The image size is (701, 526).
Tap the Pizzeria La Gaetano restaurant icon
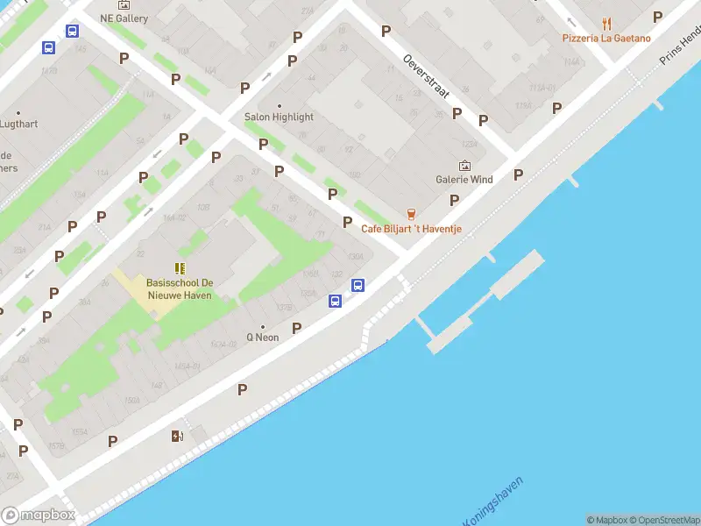coord(606,24)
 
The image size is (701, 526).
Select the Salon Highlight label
coord(279,117)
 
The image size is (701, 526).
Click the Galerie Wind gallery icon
coord(464,165)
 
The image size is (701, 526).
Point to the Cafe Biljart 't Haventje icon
coord(410,214)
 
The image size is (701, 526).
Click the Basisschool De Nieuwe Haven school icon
coord(180,269)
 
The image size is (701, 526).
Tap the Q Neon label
coord(262,337)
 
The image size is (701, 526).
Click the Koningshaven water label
coord(493,503)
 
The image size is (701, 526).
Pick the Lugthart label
coord(18,124)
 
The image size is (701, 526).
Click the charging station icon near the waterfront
coord(177,436)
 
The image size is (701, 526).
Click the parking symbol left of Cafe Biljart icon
coord(348,223)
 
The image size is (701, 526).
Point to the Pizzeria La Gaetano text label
coord(606,39)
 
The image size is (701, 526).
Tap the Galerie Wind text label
coord(464,180)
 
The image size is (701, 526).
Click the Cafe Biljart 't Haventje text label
coord(412,230)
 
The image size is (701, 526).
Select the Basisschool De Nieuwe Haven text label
coord(180,289)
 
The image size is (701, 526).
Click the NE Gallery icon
coord(124,4)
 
